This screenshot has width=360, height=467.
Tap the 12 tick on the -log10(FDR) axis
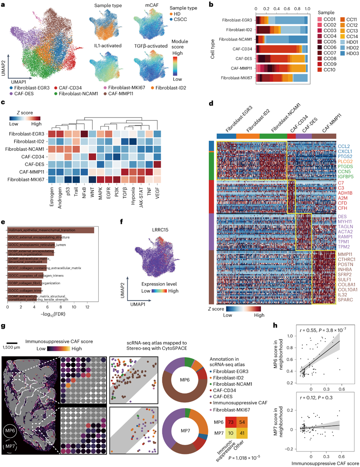[87, 308]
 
